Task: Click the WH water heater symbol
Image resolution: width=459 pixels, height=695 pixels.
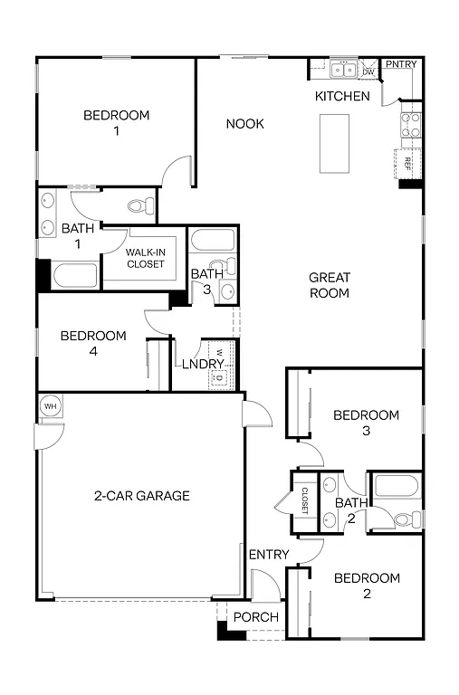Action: (x=50, y=406)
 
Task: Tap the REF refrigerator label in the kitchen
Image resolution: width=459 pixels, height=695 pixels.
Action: (x=408, y=164)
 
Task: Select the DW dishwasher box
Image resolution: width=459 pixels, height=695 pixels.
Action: (x=368, y=71)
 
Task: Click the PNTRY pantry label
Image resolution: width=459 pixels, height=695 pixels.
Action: (x=401, y=64)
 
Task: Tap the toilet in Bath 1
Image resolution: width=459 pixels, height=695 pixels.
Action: (x=139, y=205)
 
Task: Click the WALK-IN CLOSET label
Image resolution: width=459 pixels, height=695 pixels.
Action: (x=145, y=258)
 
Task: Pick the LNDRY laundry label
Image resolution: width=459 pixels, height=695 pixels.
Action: (x=203, y=364)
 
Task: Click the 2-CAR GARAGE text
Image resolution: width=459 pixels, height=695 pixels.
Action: (x=141, y=495)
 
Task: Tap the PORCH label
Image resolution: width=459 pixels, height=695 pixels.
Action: (x=256, y=617)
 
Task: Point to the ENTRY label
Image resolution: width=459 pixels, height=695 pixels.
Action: (x=269, y=554)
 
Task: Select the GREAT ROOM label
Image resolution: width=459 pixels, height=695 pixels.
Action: (x=330, y=285)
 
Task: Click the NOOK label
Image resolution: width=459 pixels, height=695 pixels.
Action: (x=244, y=123)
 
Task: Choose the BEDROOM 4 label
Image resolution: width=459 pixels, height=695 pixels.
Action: (x=93, y=343)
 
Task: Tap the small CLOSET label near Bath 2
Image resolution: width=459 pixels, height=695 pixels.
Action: (x=305, y=500)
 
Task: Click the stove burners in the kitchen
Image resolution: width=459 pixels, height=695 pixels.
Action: (x=410, y=124)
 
